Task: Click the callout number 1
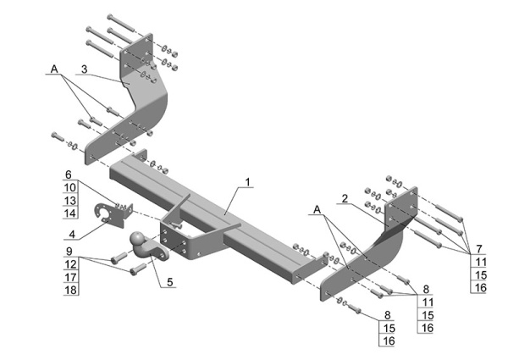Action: [x=248, y=181]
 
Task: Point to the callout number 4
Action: [x=72, y=235]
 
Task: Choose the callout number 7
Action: [x=478, y=249]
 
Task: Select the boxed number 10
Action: [x=70, y=187]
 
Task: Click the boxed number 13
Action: [x=70, y=200]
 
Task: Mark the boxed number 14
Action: [x=70, y=213]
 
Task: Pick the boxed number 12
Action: [x=70, y=263]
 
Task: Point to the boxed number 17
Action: [x=70, y=277]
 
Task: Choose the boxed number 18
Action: [x=70, y=290]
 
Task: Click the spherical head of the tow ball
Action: [x=139, y=241]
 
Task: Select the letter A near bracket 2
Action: [x=316, y=208]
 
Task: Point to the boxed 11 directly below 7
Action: [x=478, y=262]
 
